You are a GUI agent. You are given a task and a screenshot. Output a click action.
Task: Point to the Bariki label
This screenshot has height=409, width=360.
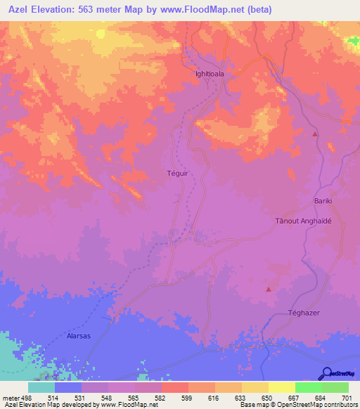[x=322, y=201]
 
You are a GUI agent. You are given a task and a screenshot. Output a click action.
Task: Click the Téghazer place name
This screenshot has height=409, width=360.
[x=304, y=312]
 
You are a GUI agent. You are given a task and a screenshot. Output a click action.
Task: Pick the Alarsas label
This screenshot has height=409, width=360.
[x=79, y=317]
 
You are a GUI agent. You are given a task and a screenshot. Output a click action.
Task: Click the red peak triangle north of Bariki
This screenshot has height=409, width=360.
[x=315, y=134]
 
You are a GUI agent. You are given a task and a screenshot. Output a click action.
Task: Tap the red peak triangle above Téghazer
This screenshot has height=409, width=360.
[x=268, y=289]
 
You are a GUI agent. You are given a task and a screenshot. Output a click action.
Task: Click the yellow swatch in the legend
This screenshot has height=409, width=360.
[x=282, y=387]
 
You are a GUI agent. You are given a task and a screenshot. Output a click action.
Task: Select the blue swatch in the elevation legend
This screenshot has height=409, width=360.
[x=67, y=387]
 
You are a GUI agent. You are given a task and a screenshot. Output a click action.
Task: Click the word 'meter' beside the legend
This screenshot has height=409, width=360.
[x=11, y=398]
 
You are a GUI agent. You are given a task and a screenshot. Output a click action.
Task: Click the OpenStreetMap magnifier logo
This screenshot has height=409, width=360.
[x=327, y=372]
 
